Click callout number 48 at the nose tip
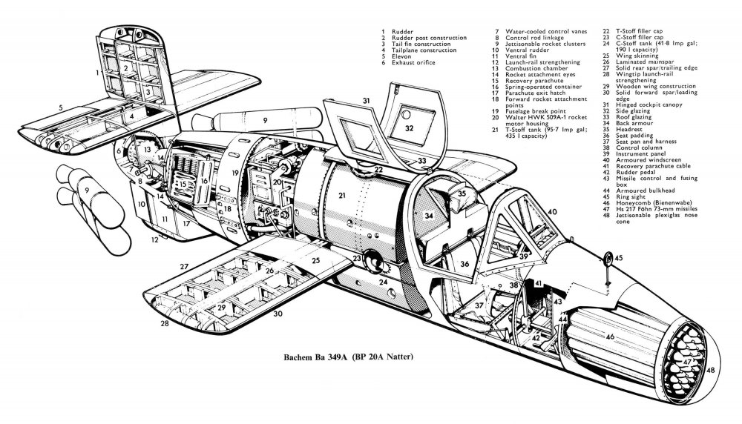pos(711,370)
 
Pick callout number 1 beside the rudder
pos(97,74)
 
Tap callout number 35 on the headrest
pos(462,194)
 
